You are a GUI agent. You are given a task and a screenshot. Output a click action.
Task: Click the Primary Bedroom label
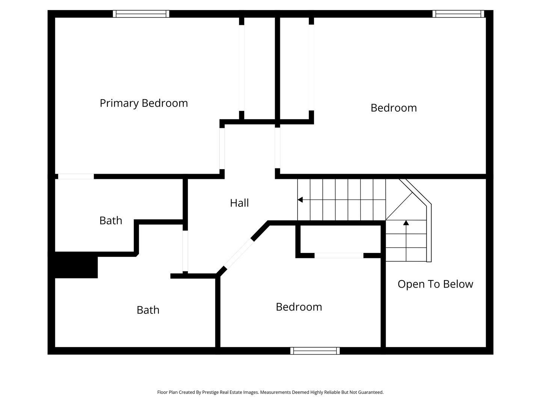point(144,103)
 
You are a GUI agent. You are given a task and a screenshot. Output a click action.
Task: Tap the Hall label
point(239,203)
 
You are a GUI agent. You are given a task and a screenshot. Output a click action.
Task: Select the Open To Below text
point(435,284)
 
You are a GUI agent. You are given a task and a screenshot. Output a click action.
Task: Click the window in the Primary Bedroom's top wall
point(141,14)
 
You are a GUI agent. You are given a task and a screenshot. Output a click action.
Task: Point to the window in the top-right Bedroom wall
point(458,14)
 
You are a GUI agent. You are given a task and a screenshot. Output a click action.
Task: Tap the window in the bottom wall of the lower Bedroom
point(315,351)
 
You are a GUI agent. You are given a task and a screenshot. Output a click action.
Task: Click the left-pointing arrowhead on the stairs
point(300,200)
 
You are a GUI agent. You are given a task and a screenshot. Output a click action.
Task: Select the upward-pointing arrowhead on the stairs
point(406,223)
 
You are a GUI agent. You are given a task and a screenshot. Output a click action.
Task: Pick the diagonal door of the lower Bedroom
point(239,253)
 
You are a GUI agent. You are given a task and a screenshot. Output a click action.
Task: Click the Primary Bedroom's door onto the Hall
point(222,148)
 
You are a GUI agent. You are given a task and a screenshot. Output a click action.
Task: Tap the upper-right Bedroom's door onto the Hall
point(278,148)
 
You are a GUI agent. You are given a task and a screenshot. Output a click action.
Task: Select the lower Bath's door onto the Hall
point(185,251)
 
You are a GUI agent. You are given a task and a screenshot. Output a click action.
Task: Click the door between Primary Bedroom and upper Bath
point(76,177)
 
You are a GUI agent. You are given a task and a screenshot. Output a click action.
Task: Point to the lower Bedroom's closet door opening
point(339,256)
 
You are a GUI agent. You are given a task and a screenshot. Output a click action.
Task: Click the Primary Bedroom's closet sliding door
point(242,68)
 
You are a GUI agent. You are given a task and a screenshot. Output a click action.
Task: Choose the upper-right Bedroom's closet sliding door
point(311,68)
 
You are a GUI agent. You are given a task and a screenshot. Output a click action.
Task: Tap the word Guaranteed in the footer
point(371,392)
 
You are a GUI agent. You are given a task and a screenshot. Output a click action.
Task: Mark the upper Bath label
point(111,221)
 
